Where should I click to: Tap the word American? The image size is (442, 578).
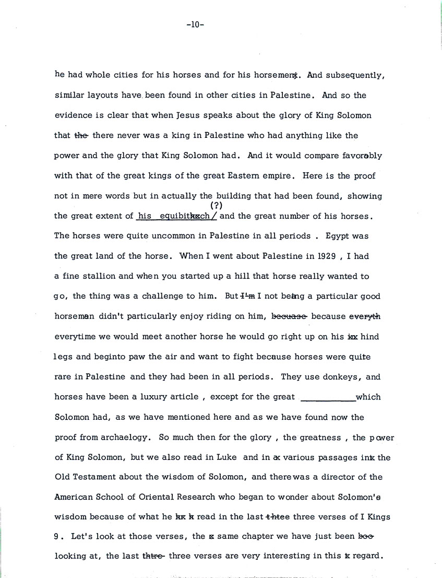point(74,497)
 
